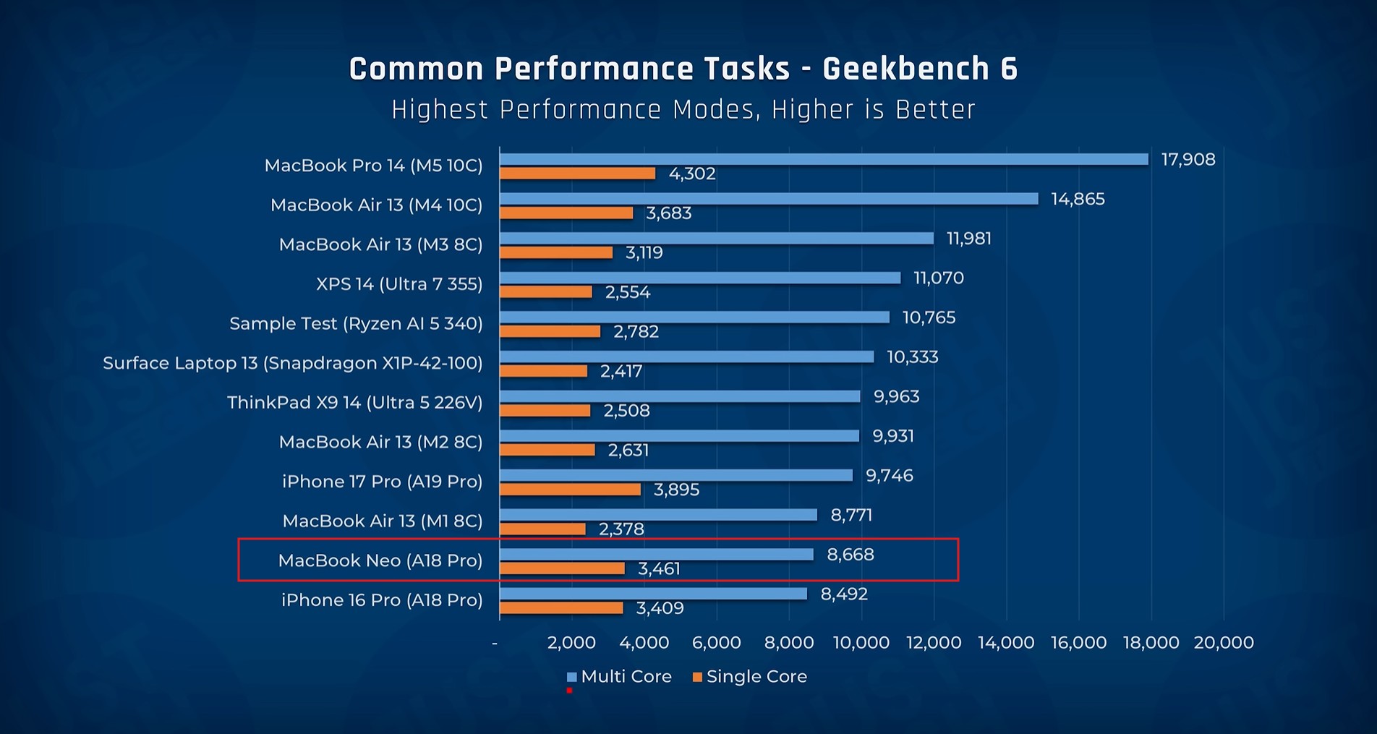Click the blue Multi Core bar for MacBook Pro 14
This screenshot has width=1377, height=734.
click(x=823, y=159)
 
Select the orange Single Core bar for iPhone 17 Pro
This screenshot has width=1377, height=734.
click(x=570, y=490)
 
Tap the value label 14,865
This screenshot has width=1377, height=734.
click(x=1078, y=199)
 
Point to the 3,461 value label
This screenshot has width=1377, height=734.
click(x=659, y=569)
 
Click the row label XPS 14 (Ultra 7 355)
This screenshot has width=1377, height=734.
click(x=399, y=284)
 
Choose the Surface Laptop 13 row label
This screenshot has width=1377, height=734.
click(x=292, y=363)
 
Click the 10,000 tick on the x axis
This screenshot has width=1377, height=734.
click(x=861, y=642)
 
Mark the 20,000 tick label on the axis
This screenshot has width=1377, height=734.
click(x=1224, y=642)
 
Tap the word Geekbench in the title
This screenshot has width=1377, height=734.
click(x=906, y=69)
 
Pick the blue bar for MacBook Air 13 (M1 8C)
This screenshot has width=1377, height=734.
click(x=658, y=515)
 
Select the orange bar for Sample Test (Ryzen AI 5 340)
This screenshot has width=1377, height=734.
click(x=550, y=331)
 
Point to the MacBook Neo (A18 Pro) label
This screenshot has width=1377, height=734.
click(x=380, y=560)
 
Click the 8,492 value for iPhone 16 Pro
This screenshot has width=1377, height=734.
click(x=844, y=594)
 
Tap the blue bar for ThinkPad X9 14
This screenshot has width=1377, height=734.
click(x=680, y=396)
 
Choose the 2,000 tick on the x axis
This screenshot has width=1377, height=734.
click(x=571, y=642)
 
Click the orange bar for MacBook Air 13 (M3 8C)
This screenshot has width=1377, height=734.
click(x=556, y=252)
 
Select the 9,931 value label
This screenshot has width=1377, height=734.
click(x=893, y=436)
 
